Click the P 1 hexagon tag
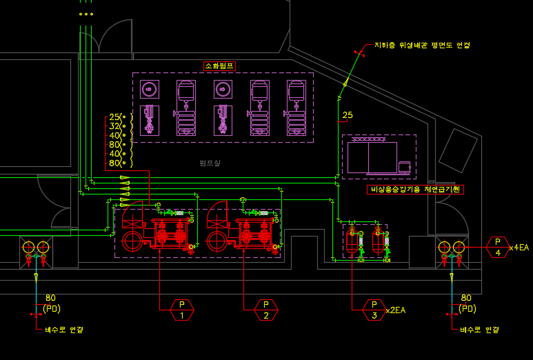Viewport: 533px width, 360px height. (x=183, y=310)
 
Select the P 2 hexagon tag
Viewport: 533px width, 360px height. (x=265, y=310)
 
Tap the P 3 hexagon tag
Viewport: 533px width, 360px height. (x=374, y=310)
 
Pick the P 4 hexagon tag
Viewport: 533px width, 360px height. (x=498, y=247)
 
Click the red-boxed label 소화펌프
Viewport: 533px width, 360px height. (x=220, y=66)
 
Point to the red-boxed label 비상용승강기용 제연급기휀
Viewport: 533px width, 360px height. (x=415, y=190)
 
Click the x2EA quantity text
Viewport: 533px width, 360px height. (x=396, y=310)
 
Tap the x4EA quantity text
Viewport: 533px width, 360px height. (x=519, y=248)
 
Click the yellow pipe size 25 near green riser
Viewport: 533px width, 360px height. (x=348, y=115)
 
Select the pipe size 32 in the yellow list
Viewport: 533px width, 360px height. (x=114, y=126)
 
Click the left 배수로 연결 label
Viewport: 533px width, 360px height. (x=64, y=330)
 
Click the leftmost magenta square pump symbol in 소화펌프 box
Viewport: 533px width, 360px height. (x=150, y=89)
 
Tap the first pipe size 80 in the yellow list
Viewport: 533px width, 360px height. (x=114, y=145)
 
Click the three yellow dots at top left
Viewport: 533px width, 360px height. (x=86, y=14)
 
